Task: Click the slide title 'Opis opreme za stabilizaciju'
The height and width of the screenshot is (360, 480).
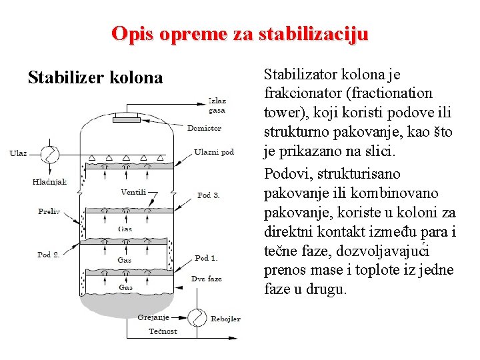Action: (x=239, y=33)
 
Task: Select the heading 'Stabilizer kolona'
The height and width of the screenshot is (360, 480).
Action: (x=95, y=78)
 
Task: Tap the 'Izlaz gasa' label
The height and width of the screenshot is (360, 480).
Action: (x=217, y=106)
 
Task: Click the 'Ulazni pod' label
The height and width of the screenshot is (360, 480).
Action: (x=214, y=152)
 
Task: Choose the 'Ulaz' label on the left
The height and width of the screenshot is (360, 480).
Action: (x=18, y=153)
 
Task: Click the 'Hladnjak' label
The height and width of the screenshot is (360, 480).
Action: (x=49, y=181)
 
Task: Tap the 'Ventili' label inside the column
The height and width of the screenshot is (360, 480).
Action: (x=133, y=193)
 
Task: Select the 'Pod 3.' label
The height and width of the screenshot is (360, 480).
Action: (x=208, y=195)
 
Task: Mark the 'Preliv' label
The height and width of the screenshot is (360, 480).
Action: (x=49, y=211)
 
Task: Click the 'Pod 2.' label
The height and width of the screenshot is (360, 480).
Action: (x=48, y=255)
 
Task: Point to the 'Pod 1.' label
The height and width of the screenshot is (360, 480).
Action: (x=206, y=258)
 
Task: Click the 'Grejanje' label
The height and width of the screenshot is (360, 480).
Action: (x=153, y=317)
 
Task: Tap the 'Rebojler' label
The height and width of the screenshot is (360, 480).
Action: (x=225, y=319)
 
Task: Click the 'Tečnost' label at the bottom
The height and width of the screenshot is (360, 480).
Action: (x=163, y=331)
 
